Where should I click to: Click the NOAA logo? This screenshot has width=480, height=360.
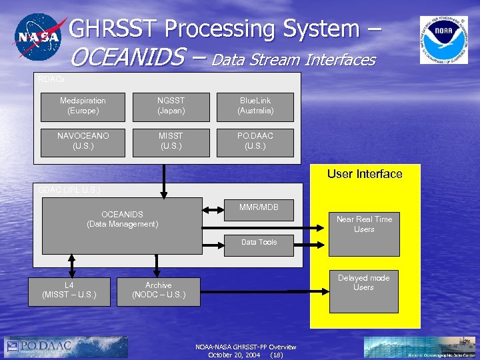(443, 40)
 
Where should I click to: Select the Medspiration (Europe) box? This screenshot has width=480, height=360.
(83, 105)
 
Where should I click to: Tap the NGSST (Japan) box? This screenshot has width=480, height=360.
(171, 105)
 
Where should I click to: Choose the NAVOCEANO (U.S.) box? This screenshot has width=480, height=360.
(83, 141)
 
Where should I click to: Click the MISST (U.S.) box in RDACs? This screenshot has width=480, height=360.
(171, 141)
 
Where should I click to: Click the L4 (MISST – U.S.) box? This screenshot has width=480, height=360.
(69, 290)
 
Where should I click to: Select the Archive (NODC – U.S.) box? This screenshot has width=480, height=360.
(159, 290)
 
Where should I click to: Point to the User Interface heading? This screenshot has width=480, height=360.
(365, 174)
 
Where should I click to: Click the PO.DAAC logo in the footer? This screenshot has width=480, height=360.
(65, 347)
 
